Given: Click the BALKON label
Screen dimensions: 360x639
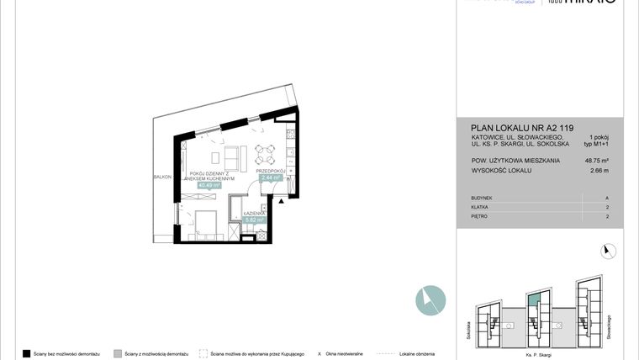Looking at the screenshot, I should point(162,177).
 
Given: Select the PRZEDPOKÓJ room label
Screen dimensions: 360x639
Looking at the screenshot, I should point(272,172).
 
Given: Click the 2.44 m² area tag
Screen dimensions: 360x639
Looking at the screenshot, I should point(271,178).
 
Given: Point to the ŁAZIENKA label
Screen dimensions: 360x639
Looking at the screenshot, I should point(255,214).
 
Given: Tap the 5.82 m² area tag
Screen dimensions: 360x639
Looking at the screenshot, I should point(255,221).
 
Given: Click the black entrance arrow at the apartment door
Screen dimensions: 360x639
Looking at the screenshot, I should point(283,200).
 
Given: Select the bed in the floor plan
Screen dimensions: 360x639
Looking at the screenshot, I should point(205,223).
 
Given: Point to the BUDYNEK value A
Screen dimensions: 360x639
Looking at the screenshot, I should point(606,199).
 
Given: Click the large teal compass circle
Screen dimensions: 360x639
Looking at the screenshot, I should point(430,299).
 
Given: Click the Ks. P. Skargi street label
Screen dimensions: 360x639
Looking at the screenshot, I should point(538,347).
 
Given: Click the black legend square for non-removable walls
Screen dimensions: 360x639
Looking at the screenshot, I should point(27,354).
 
